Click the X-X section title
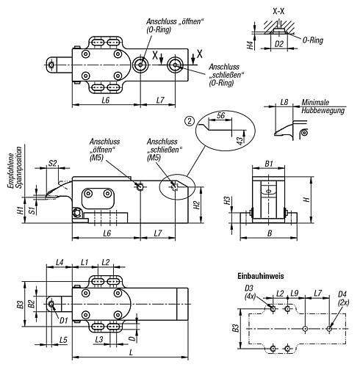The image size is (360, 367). [278, 11]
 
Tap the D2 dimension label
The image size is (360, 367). [279, 44]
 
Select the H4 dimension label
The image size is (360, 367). [250, 46]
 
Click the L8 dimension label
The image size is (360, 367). [284, 102]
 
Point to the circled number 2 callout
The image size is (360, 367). [190, 121]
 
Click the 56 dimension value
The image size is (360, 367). [220, 115]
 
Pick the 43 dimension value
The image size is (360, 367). [240, 140]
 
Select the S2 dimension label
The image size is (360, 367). [52, 163]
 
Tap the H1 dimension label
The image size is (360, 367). [21, 210]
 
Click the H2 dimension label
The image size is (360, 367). [197, 205]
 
